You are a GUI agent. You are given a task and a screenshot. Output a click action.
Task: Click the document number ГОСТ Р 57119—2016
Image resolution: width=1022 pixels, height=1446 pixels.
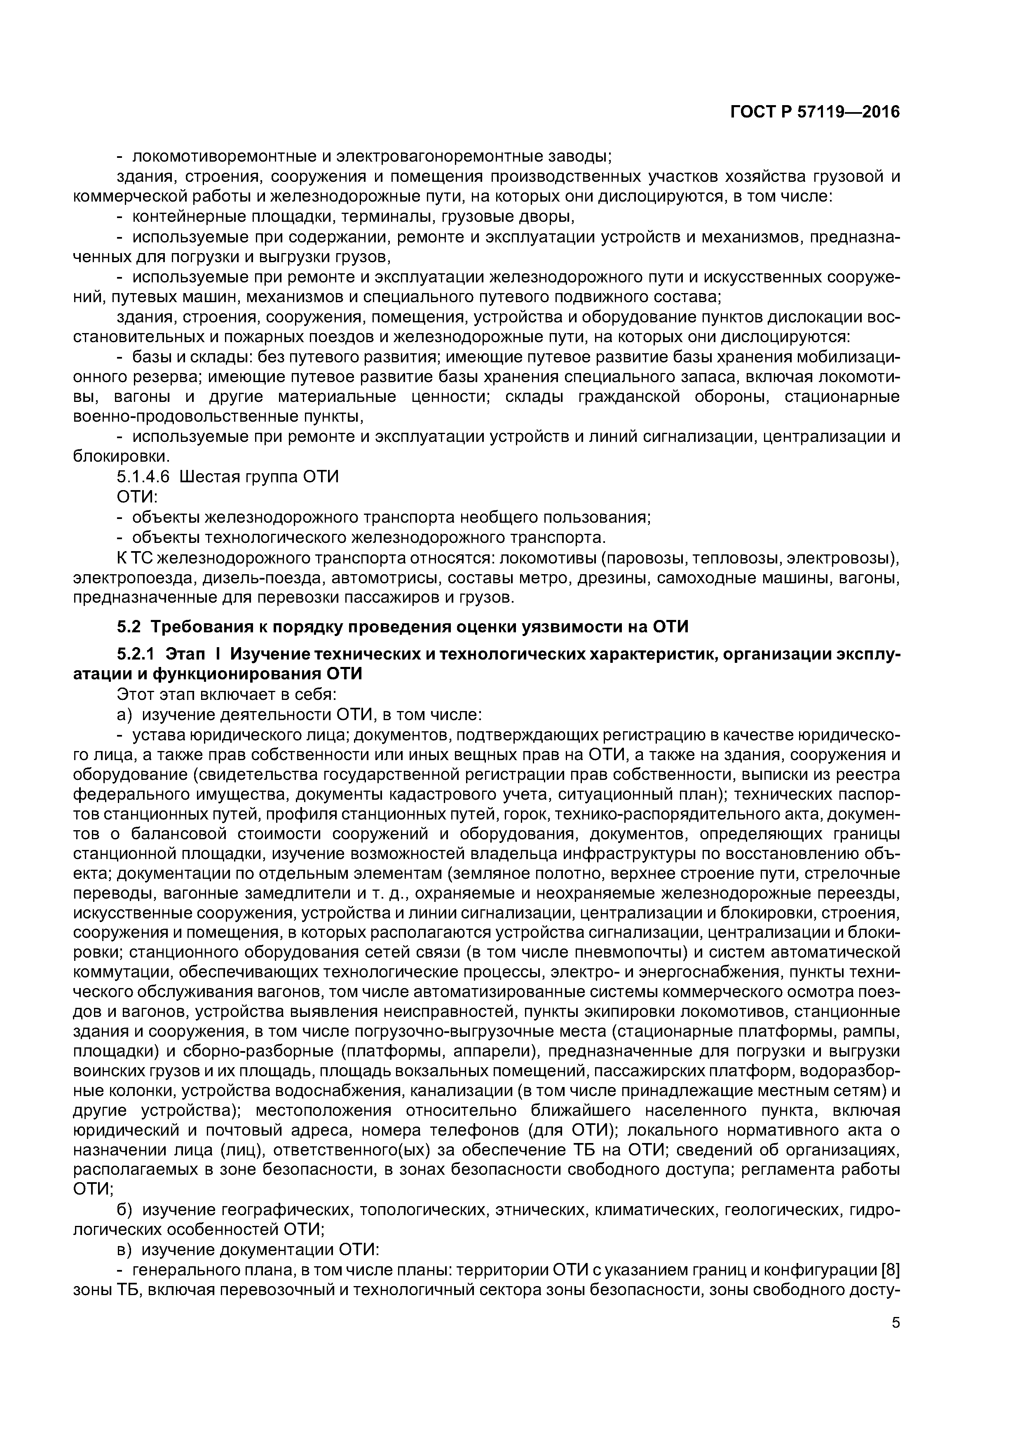[815, 113]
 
